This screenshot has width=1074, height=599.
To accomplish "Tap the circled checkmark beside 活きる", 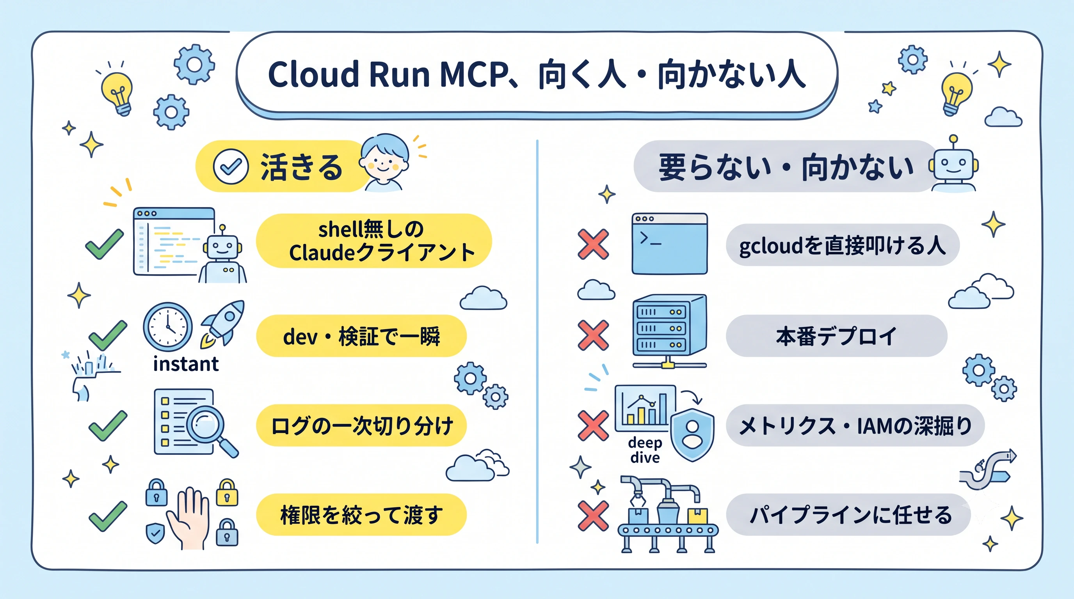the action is pyautogui.click(x=231, y=167).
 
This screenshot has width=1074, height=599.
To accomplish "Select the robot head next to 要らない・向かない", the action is pyautogui.click(x=953, y=163).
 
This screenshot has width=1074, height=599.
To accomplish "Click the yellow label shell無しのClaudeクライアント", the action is pyautogui.click(x=373, y=241).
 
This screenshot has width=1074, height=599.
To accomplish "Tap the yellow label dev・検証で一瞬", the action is pyautogui.click(x=361, y=336).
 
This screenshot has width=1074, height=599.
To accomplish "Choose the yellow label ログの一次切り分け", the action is pyautogui.click(x=361, y=425).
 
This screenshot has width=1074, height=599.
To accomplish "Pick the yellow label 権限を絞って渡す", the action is pyautogui.click(x=361, y=515).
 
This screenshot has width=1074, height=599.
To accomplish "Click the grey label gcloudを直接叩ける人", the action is pyautogui.click(x=843, y=245).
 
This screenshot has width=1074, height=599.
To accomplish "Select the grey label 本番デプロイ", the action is pyautogui.click(x=836, y=336).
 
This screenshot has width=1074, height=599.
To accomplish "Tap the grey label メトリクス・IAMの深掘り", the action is pyautogui.click(x=855, y=425).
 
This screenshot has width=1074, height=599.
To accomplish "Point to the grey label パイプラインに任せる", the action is pyautogui.click(x=849, y=515).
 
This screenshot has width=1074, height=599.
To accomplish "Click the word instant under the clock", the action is pyautogui.click(x=186, y=364).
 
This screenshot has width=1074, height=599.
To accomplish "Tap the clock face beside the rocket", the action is pyautogui.click(x=167, y=327).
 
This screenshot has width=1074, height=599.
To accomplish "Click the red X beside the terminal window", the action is pyautogui.click(x=593, y=244).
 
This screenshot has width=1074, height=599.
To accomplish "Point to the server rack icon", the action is pyautogui.click(x=669, y=331).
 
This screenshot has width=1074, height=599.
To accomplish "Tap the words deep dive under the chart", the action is pyautogui.click(x=645, y=450).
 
